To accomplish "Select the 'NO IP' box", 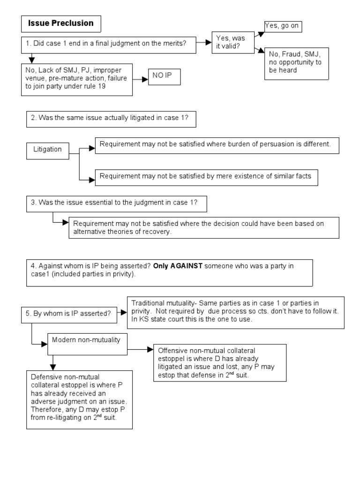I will coord(164,76).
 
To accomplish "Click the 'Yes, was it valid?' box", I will coord(232,43).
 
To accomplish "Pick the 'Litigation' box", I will coord(47,150).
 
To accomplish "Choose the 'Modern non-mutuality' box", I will coord(87,341).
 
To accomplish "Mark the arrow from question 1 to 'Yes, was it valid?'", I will coord(202,43).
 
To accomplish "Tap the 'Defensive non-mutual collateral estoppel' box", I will coord(79,398).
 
